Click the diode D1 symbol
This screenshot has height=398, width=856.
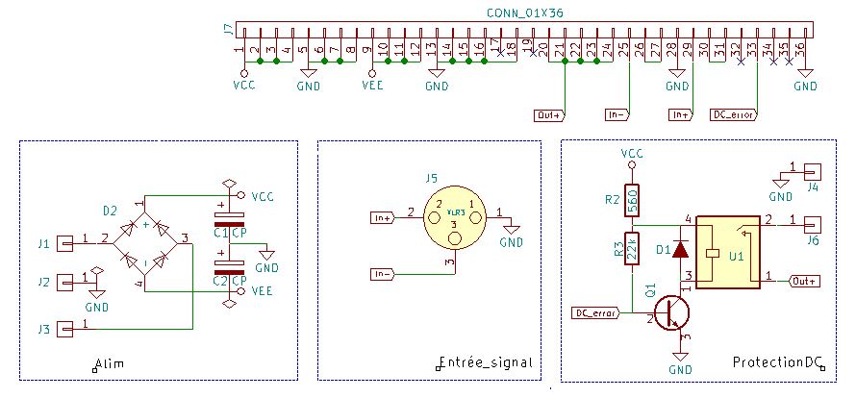(x=681, y=249)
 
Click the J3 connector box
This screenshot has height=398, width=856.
(x=65, y=330)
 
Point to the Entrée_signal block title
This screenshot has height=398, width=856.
(x=485, y=363)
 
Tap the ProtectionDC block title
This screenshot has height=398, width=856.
(x=778, y=363)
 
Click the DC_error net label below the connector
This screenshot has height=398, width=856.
(x=732, y=115)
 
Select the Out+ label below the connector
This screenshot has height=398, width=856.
(x=549, y=115)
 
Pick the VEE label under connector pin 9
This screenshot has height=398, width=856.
(x=373, y=86)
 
